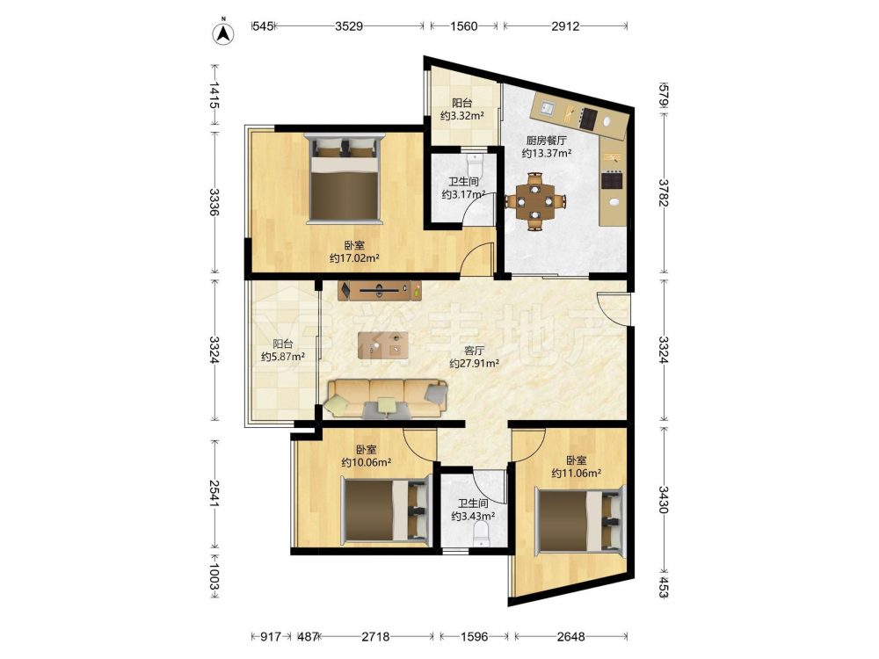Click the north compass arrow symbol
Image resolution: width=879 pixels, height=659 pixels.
click(x=223, y=33)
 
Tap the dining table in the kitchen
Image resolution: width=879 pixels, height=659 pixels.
click(x=535, y=201)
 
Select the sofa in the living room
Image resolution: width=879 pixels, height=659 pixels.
click(x=387, y=399)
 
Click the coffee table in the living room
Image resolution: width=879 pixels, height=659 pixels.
click(x=383, y=345)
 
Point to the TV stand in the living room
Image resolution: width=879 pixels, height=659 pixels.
click(x=380, y=291)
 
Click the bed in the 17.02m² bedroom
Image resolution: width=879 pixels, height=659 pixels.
click(x=345, y=177)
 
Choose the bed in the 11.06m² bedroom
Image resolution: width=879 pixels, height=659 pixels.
click(x=579, y=520)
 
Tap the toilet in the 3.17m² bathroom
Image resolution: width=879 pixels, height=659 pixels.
click(x=475, y=163)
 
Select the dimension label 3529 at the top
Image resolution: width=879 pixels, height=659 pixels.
click(x=349, y=25)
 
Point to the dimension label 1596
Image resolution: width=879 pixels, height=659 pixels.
click(x=474, y=636)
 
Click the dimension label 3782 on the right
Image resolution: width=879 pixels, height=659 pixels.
click(x=663, y=192)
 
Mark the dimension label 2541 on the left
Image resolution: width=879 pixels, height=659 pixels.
click(x=214, y=493)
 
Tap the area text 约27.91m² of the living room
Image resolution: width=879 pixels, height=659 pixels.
click(x=475, y=363)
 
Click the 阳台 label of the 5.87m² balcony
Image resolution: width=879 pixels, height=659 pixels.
click(x=283, y=344)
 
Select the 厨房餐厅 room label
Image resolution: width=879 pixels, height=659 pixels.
click(x=546, y=141)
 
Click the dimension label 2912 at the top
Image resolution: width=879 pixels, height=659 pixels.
click(x=565, y=25)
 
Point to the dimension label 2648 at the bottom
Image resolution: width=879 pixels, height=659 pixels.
click(x=570, y=636)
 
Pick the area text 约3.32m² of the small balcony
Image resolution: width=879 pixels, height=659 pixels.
click(x=462, y=116)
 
